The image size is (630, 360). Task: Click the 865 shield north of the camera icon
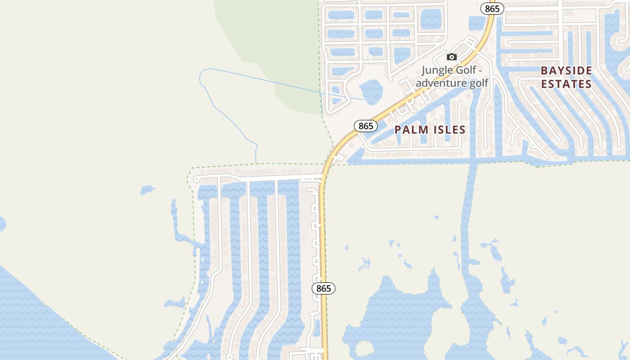[x=493, y=9]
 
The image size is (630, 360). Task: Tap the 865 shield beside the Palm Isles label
[x=366, y=126]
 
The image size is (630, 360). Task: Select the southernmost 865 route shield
[x=324, y=288]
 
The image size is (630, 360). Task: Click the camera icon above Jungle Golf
[x=452, y=57]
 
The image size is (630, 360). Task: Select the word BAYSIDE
[x=566, y=71]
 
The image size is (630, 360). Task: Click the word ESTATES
[x=566, y=84]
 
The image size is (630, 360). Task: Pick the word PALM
[x=409, y=130]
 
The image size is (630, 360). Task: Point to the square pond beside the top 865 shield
[x=477, y=22]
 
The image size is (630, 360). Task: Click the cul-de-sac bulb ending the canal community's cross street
[x=196, y=179]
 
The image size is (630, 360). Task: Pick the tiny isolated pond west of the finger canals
[x=147, y=190]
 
